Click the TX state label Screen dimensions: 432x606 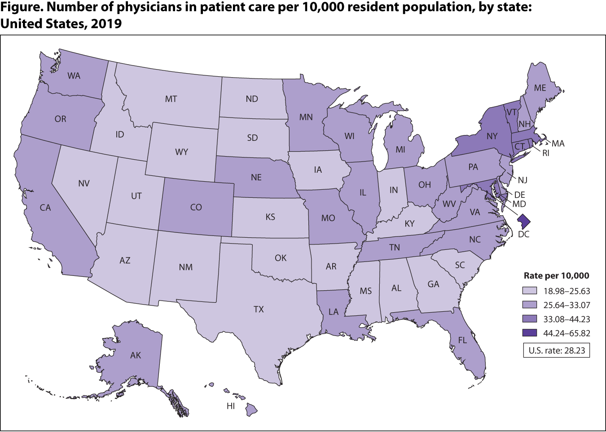pyautogui.click(x=259, y=310)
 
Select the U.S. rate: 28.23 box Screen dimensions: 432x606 pyautogui.click(x=557, y=350)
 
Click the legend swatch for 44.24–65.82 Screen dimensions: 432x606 pyautogui.click(x=530, y=333)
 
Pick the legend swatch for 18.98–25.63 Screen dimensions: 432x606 pyautogui.click(x=530, y=291)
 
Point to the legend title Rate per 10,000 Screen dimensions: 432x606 pyautogui.click(x=557, y=276)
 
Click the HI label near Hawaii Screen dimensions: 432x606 pyautogui.click(x=231, y=406)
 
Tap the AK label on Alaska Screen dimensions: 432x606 pyautogui.click(x=136, y=355)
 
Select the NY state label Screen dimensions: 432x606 pyautogui.click(x=492, y=136)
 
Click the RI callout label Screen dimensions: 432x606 pyautogui.click(x=545, y=153)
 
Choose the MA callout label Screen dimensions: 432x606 pyautogui.click(x=558, y=144)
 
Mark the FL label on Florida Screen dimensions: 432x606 pyautogui.click(x=462, y=340)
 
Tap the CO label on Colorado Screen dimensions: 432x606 pyautogui.click(x=196, y=207)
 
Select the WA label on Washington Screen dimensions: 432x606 pyautogui.click(x=74, y=76)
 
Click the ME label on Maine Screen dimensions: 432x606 pyautogui.click(x=540, y=88)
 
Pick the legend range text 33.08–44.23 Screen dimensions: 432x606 pyautogui.click(x=566, y=319)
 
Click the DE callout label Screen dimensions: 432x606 pyautogui.click(x=520, y=195)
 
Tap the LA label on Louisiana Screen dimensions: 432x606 pyautogui.click(x=334, y=312)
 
